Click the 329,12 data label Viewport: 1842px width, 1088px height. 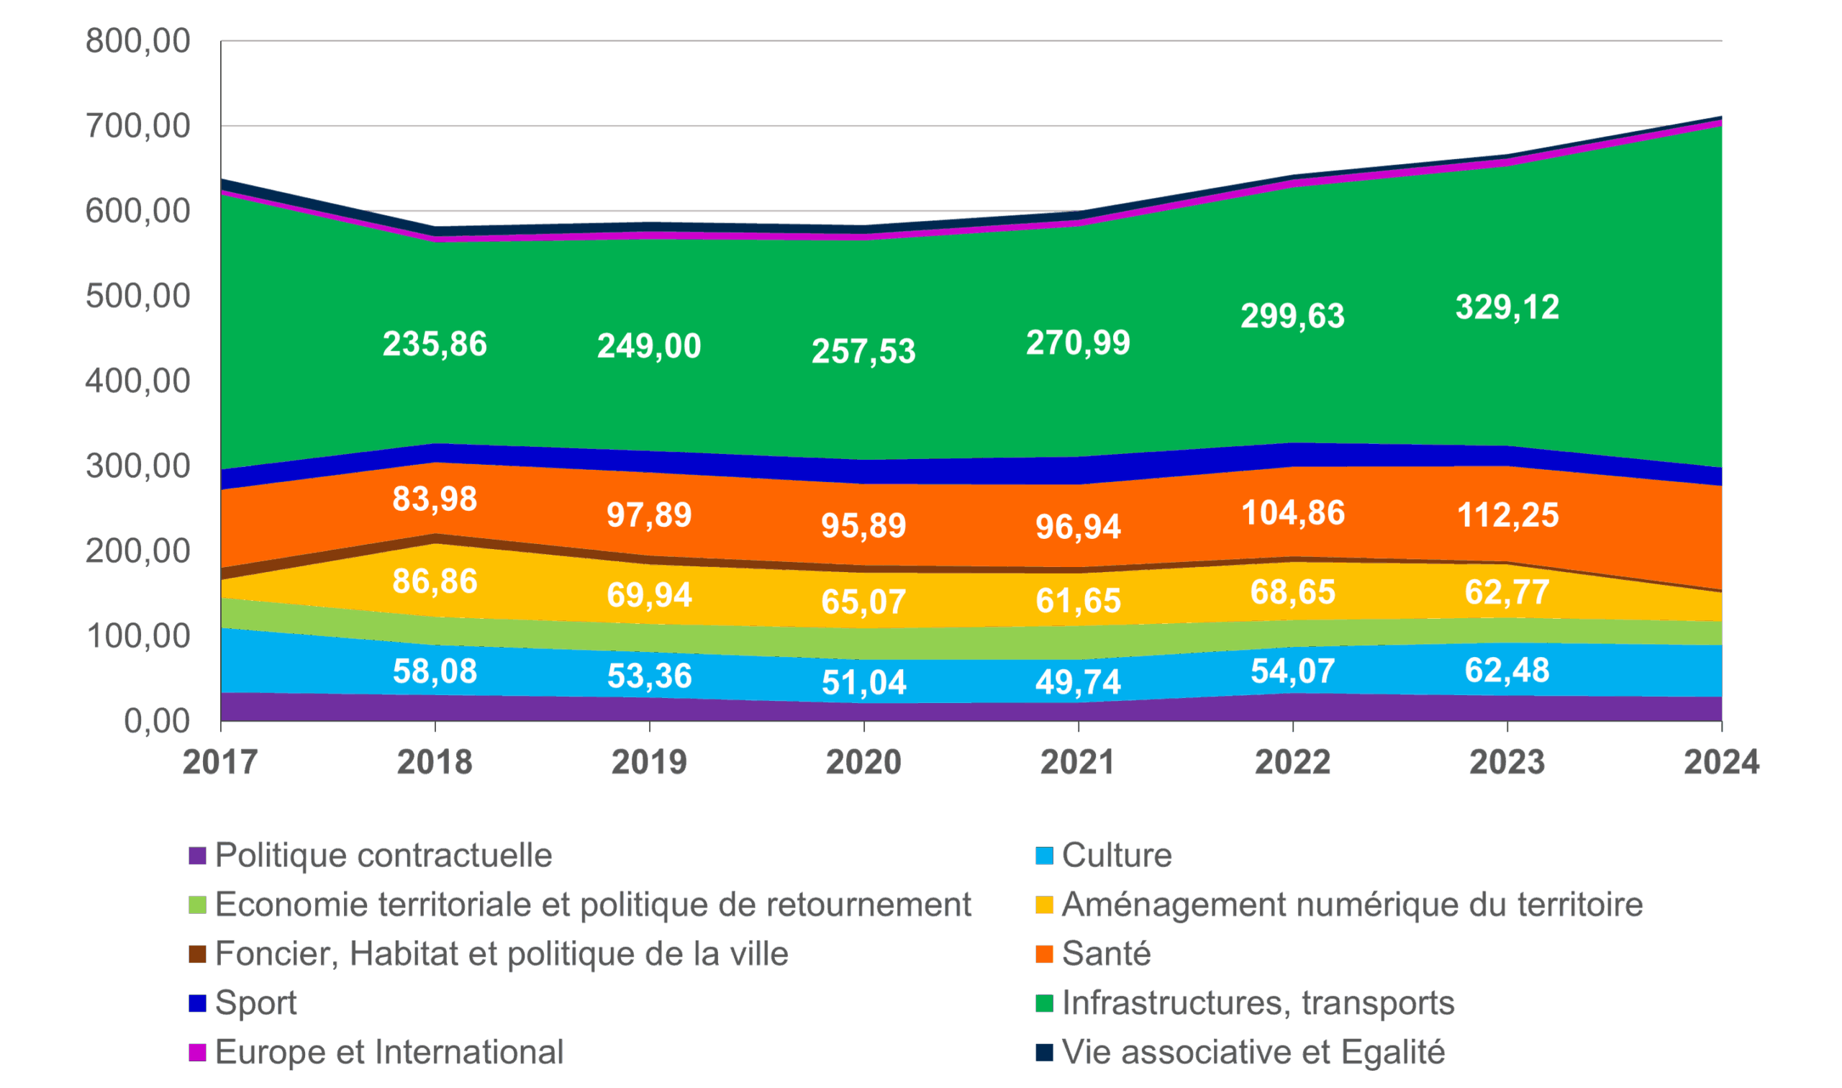(1507, 307)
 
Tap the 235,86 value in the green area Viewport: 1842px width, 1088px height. (435, 344)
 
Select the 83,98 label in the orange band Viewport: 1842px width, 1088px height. (435, 499)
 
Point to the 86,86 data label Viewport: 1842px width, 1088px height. (435, 581)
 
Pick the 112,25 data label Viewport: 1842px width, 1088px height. (1507, 514)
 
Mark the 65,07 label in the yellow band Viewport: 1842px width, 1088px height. (863, 601)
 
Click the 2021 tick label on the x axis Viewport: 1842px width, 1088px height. (1077, 763)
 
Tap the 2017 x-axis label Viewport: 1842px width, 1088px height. (220, 763)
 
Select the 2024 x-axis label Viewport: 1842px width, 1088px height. (1721, 763)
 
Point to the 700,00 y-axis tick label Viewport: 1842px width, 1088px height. (138, 126)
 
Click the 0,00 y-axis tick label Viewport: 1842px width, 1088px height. (157, 721)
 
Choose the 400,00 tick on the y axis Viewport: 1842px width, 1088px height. (138, 381)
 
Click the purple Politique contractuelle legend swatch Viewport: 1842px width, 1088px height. (197, 856)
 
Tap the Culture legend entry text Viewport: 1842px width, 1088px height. (1116, 856)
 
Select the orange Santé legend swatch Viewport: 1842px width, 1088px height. (1044, 954)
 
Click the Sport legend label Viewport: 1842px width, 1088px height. (256, 1003)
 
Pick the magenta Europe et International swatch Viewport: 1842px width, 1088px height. (197, 1052)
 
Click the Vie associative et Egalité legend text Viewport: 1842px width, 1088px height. (1253, 1052)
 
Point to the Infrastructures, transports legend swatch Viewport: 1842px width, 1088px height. (1044, 1003)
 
